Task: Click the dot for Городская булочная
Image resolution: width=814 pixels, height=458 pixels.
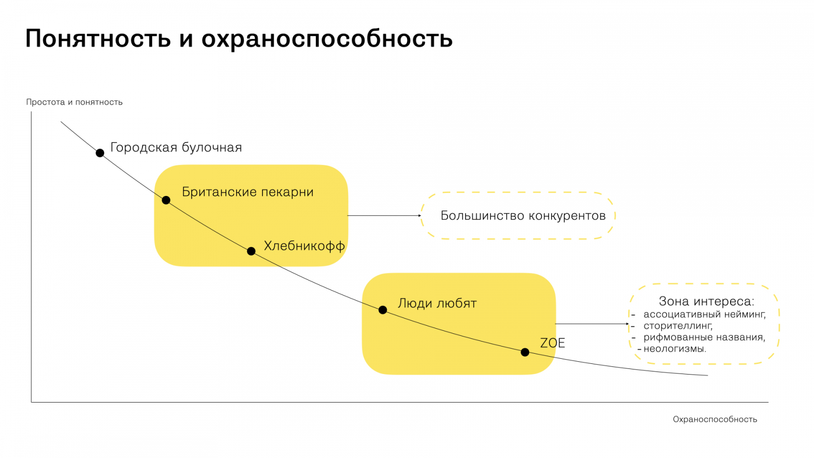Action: pos(100,153)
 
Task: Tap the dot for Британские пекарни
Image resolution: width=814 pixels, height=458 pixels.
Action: pos(166,200)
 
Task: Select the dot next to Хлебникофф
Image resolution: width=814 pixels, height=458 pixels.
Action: pos(251,251)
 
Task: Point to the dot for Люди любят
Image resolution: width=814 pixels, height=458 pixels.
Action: pos(383,310)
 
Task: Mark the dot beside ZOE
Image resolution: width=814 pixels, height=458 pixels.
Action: pos(525,352)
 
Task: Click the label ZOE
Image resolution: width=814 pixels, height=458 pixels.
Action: pos(553,343)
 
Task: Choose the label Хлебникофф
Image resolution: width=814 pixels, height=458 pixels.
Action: pos(304,246)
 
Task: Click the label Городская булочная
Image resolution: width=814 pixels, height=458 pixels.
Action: pos(176,148)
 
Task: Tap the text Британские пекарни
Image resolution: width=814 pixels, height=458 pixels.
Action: pos(248,192)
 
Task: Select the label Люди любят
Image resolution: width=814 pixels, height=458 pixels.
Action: pos(437,303)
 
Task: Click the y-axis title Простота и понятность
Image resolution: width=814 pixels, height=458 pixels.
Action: pos(74,102)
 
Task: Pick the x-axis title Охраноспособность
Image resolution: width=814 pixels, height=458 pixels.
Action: pos(715,419)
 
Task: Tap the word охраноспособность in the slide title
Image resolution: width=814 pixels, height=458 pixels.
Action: pos(327,39)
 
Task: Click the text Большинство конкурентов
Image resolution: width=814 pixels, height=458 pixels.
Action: pos(523,216)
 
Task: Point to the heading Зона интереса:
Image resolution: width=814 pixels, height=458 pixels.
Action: pos(706,301)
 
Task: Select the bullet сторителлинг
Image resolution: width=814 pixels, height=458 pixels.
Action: pos(678,326)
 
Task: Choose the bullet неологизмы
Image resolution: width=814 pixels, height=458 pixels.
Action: pos(675,349)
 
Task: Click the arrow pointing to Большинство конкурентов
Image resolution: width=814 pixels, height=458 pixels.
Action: pos(384,216)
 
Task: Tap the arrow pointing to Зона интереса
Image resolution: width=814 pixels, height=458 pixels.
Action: pos(592,324)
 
